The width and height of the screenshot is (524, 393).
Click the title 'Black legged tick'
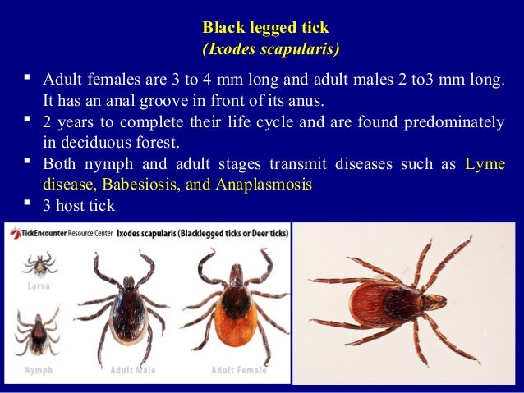pos(265,29)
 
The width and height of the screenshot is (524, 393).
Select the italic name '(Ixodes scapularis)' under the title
pos(270,49)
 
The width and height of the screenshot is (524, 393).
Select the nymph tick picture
pos(35,328)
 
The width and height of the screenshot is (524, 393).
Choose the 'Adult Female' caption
pos(239,370)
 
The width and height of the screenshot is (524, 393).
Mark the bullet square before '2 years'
pos(28,122)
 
